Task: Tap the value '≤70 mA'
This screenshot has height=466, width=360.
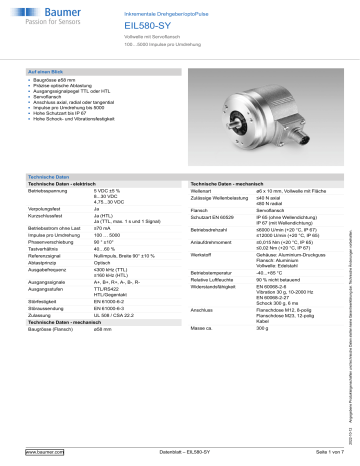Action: (x=129, y=200)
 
